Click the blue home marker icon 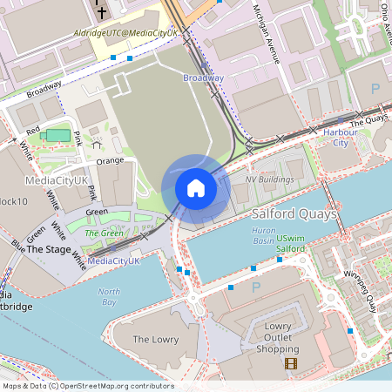[x=196, y=188]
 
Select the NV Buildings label [x=269, y=179]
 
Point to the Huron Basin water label [x=264, y=235]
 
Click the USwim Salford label [x=291, y=243]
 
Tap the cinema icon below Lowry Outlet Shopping [x=290, y=363]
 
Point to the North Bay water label [x=108, y=296]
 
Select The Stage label [x=49, y=249]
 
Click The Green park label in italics [x=103, y=233]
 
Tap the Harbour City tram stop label [x=335, y=138]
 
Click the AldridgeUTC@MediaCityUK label [x=125, y=32]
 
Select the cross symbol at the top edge [x=101, y=12]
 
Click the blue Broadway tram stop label [x=203, y=78]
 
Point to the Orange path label [x=110, y=161]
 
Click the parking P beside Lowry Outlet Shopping [x=255, y=287]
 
